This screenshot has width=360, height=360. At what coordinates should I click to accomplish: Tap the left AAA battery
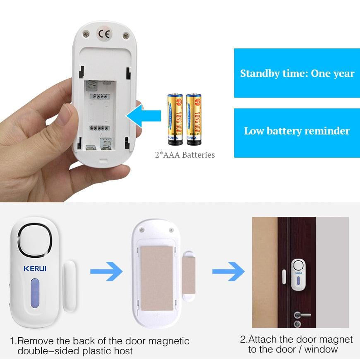(175, 119)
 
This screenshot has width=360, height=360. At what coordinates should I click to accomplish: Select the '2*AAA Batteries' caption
(185, 155)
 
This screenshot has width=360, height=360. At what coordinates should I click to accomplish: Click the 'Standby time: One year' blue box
(297, 73)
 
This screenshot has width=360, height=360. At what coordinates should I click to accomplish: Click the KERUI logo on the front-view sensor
(35, 269)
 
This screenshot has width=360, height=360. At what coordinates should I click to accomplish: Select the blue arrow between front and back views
(106, 272)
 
